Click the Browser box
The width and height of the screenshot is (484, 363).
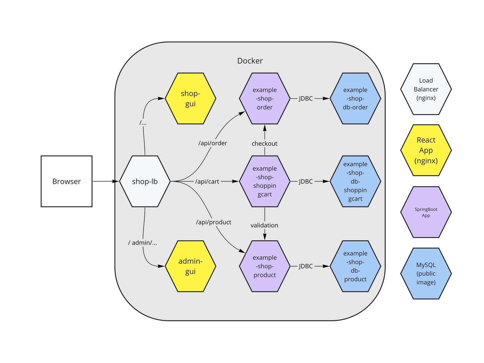coord(67,181)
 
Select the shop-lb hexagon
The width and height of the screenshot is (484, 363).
coord(145,181)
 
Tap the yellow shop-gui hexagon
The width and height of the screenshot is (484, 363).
coord(190,99)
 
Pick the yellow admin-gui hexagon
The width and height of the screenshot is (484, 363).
coord(190,266)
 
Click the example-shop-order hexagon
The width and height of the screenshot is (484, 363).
coord(264,99)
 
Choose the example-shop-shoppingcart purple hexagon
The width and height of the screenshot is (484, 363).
coord(264,181)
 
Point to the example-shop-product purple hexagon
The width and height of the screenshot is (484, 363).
coord(264,266)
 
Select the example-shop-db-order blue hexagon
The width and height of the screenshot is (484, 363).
coord(355,99)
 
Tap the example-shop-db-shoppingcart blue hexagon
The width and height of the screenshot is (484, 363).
coord(355,181)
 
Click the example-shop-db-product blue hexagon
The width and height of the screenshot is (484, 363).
coord(355,266)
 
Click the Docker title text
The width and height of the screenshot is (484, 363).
coord(250,61)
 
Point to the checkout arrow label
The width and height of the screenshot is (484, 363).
coord(264,143)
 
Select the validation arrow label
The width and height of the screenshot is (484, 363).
coord(264,225)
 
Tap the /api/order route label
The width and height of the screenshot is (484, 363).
coord(213,143)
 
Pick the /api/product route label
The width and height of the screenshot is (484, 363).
coord(214,222)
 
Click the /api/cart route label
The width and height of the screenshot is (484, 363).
coord(207,181)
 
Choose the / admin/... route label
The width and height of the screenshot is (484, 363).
coord(142,243)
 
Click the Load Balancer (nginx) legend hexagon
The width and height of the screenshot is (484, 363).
coord(426,89)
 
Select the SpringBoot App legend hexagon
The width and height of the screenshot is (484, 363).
coord(426,212)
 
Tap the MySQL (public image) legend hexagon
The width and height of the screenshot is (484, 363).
coord(426,274)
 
